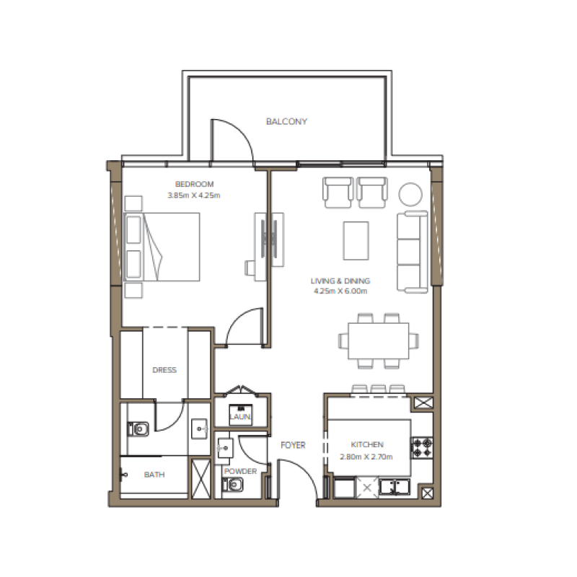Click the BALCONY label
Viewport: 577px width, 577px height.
286,121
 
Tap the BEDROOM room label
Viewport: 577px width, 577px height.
194,185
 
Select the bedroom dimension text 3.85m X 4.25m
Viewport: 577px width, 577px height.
194,195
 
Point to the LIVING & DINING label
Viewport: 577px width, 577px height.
340,281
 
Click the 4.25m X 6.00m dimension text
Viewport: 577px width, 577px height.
340,291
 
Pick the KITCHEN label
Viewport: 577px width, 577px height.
367,445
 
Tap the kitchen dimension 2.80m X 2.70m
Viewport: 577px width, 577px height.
367,456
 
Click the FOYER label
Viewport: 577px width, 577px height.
293,446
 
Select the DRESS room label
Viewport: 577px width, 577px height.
164,370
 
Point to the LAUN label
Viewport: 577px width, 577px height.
239,418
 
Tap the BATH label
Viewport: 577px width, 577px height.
154,475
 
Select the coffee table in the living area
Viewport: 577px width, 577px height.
356,240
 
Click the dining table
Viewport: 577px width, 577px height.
379,340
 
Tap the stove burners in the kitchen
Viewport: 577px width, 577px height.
422,447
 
